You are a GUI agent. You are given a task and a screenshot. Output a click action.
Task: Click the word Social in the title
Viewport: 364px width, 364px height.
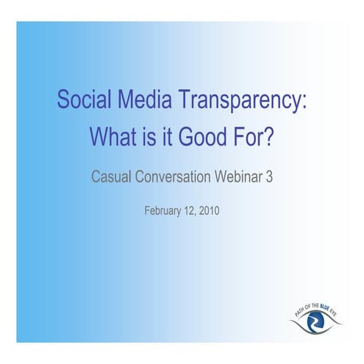[80, 100]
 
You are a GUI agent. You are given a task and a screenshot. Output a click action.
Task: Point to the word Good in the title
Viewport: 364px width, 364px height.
[209, 137]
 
